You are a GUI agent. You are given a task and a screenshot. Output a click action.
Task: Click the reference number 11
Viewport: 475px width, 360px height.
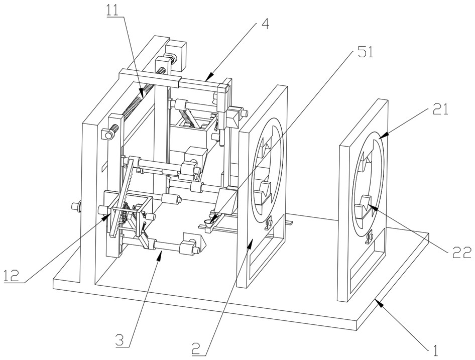(115, 10)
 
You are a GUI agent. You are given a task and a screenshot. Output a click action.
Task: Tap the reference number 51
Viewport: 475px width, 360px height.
(365, 53)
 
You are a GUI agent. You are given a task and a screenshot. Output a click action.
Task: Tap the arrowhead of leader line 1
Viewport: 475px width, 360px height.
(378, 301)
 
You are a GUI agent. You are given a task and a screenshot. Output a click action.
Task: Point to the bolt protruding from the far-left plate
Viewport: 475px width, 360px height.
(77, 205)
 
